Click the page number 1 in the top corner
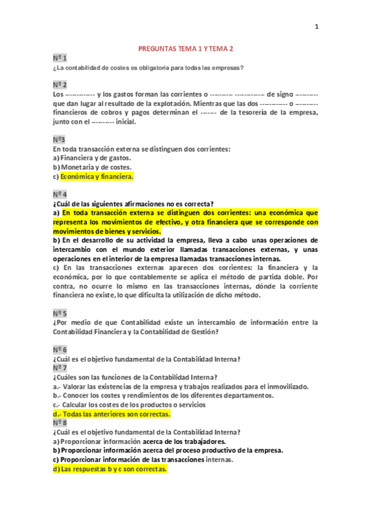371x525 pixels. coord(316,27)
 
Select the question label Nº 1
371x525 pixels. coord(59,58)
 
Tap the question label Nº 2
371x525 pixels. coord(60,84)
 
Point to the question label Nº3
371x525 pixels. coord(59,139)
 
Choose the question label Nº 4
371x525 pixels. coord(60,194)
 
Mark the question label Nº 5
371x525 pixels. coord(60,313)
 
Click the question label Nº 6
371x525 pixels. coord(60,350)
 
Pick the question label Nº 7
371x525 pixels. coord(60,368)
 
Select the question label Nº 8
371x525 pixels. coord(60,423)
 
